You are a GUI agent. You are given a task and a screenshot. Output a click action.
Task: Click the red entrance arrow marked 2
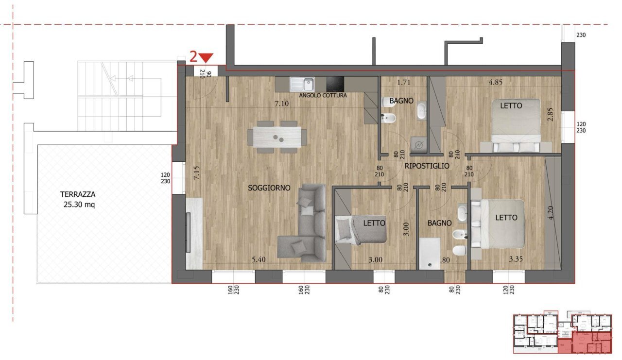[206, 57]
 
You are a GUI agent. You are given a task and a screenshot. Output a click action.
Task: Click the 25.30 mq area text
[78, 205]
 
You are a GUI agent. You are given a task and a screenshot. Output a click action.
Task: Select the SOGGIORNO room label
[269, 188]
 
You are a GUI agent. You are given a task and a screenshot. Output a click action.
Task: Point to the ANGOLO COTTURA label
[323, 96]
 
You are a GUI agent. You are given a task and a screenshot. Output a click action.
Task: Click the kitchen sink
[302, 84]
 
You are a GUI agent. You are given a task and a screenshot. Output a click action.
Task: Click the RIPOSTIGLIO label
[427, 166]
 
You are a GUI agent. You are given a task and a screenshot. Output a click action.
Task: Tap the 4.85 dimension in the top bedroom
[495, 82]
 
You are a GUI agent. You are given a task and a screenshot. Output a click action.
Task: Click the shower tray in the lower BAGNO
[430, 253]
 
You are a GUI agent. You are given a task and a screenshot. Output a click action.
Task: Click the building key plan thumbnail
[562, 333]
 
